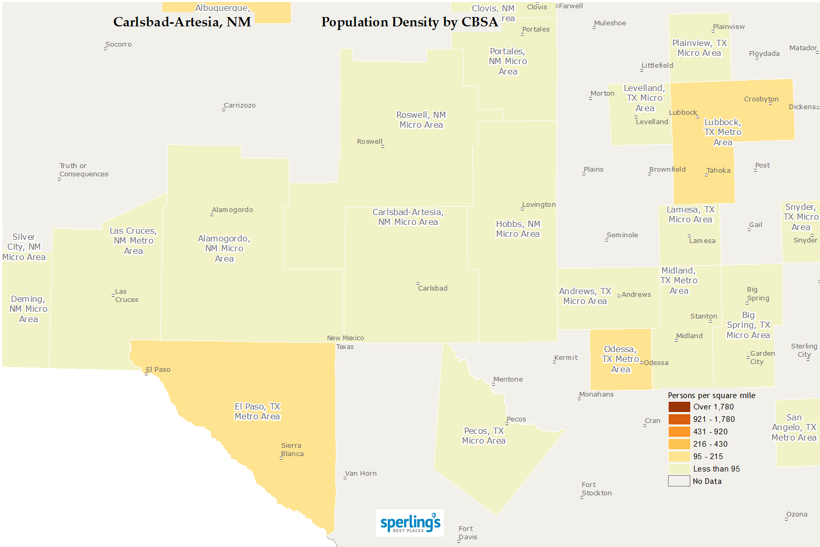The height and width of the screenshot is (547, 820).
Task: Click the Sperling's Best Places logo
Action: [410, 523]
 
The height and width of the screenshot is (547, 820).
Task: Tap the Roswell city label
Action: [370, 142]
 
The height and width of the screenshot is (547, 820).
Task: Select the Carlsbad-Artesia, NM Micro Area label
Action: [408, 217]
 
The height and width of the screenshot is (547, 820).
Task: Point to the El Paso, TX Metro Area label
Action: [257, 412]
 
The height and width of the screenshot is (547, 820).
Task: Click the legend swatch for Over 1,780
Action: [679, 407]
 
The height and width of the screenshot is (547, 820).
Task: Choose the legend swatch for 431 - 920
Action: [679, 432]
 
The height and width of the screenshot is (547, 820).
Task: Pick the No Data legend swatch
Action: [679, 481]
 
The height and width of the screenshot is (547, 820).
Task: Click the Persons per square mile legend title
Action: [711, 396]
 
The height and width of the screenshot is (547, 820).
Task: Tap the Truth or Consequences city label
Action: [84, 170]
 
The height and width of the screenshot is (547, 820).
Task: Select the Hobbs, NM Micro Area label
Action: [518, 229]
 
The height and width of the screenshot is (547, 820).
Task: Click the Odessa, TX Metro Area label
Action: [621, 359]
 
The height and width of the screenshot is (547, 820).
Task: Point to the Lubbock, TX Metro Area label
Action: [722, 132]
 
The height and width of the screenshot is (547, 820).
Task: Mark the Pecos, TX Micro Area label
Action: [484, 436]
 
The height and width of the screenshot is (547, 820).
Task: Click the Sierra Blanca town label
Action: [292, 450]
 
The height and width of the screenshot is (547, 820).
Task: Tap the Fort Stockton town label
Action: [596, 489]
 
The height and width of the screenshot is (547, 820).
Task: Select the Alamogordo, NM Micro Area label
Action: [224, 249]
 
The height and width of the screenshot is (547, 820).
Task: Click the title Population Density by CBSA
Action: [410, 22]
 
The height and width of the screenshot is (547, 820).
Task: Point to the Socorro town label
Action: [118, 44]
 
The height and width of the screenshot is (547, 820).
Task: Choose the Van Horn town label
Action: [361, 474]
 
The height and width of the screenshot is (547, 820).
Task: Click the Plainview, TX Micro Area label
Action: [699, 48]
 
